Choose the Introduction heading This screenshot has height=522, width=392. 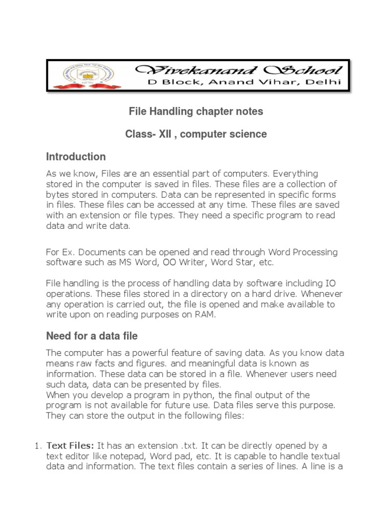(x=76, y=156)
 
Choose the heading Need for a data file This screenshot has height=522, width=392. (x=92, y=336)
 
